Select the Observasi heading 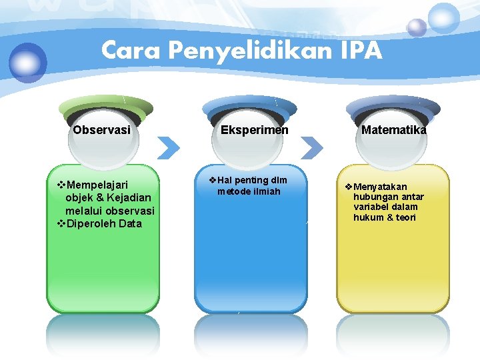click(x=101, y=130)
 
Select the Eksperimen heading click(x=255, y=130)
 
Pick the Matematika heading click(x=393, y=130)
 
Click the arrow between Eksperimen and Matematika click(x=313, y=147)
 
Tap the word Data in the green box click(x=130, y=223)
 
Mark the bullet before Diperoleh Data click(x=62, y=223)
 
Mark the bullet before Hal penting click(x=212, y=180)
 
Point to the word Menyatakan click(x=381, y=186)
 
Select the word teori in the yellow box click(x=406, y=217)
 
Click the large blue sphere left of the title click(x=28, y=62)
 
